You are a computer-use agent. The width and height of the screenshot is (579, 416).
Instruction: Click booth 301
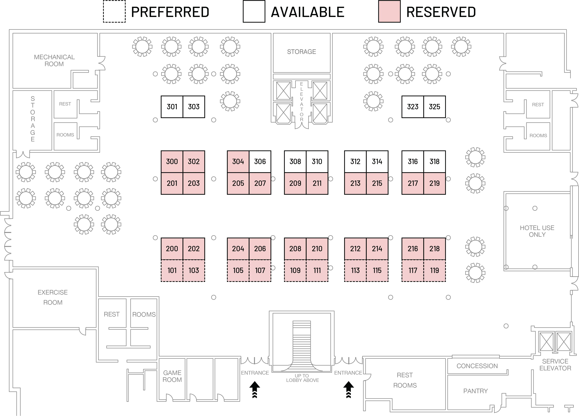click(172, 107)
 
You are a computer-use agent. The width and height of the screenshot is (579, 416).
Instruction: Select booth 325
click(435, 107)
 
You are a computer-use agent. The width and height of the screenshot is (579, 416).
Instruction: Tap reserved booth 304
click(238, 162)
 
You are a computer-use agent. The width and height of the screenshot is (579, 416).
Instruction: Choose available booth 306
click(260, 162)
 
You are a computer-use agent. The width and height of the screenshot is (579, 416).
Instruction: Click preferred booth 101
click(172, 270)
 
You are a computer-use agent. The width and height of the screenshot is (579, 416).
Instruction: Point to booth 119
click(435, 270)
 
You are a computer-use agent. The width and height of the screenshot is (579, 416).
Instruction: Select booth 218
click(435, 249)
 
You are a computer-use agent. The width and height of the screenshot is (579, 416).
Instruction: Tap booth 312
click(355, 162)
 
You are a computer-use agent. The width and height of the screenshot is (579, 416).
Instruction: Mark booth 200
click(172, 249)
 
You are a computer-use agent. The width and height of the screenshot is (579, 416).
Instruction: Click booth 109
click(295, 270)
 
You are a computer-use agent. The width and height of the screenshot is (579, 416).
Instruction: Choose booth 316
click(413, 162)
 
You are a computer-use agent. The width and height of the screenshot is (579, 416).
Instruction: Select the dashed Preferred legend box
click(114, 11)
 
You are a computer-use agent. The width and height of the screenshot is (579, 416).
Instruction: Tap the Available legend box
click(254, 11)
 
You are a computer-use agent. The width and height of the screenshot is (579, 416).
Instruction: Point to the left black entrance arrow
click(254, 389)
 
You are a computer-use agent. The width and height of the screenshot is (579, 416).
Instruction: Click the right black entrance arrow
click(348, 389)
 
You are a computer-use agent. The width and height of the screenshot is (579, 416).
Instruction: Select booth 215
click(377, 183)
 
